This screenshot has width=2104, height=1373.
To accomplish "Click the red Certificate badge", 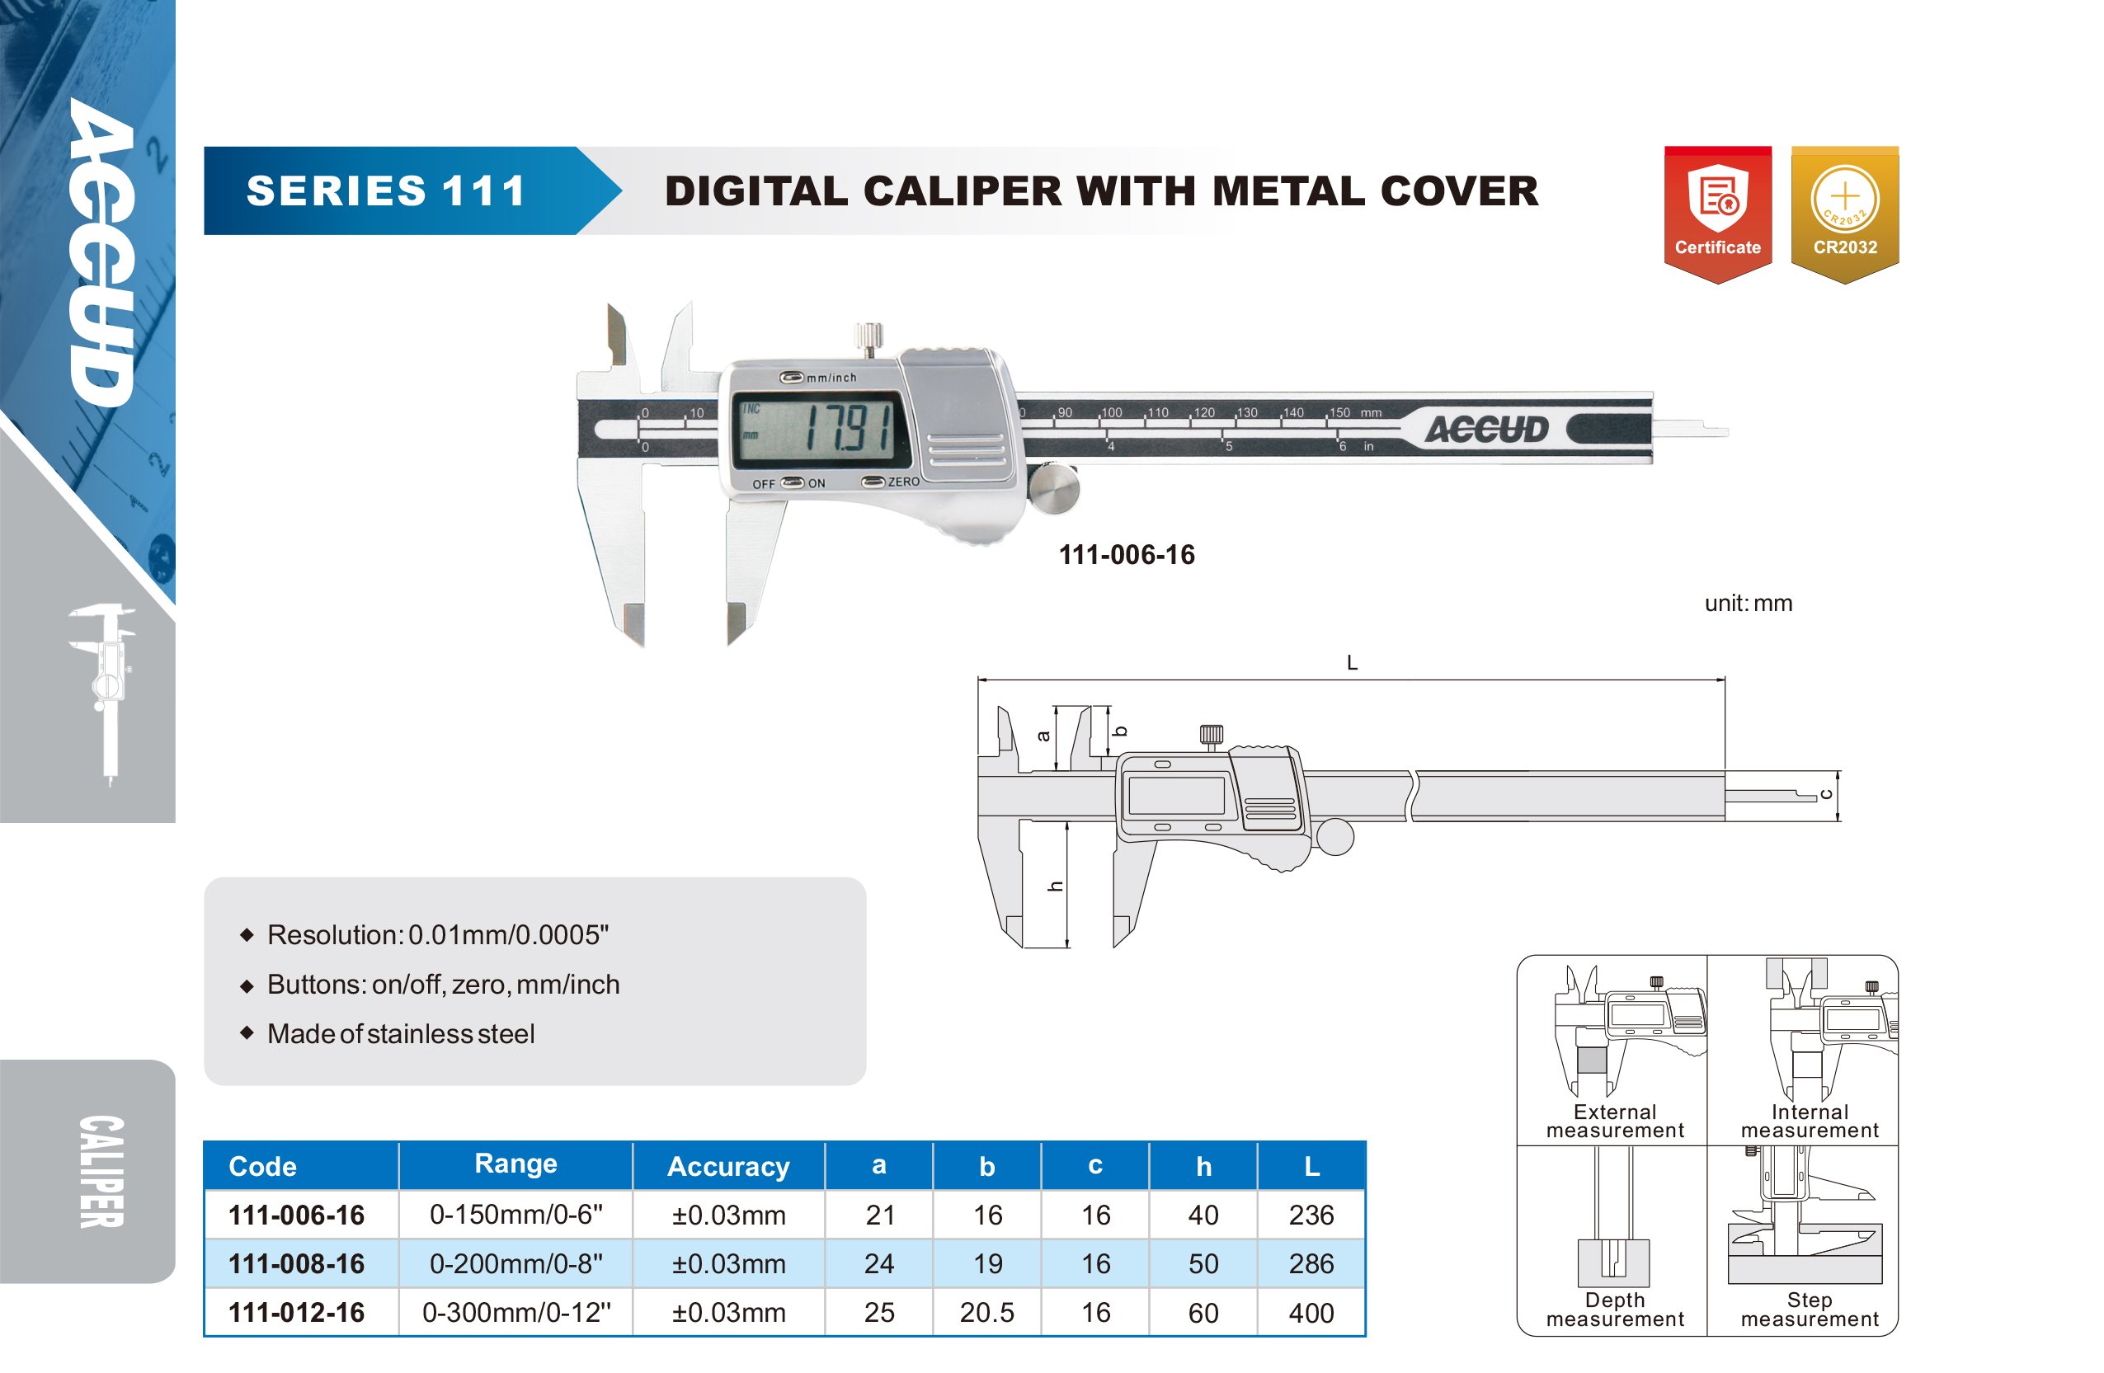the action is pos(1718,214).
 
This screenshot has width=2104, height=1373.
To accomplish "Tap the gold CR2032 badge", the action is pos(1845,214).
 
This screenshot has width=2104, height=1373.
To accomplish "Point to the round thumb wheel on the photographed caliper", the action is pos(1055,488).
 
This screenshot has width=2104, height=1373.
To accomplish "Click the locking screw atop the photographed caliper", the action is pos(869,339).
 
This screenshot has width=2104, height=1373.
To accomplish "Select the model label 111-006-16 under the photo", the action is pos(1127,555).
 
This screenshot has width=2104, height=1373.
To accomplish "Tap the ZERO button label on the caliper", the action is pos(903,482).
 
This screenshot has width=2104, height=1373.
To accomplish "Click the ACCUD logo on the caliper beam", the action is pos(1487,430).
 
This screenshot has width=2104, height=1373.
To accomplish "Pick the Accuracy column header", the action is pos(728,1167).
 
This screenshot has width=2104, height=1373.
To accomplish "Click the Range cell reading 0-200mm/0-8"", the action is pos(516,1263).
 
